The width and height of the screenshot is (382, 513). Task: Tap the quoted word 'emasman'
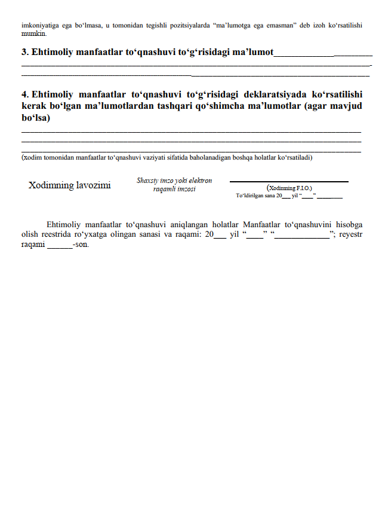pyautogui.click(x=284, y=26)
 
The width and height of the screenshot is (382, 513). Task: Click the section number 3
pyautogui.click(x=24, y=53)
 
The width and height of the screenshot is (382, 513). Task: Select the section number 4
pyautogui.click(x=24, y=95)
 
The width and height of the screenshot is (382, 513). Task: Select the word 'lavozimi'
pyautogui.click(x=94, y=185)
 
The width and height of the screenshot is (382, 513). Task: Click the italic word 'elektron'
pyautogui.click(x=201, y=181)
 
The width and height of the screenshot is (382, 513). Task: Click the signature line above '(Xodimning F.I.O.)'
pyautogui.click(x=289, y=181)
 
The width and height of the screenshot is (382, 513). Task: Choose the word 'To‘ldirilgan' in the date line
pyautogui.click(x=249, y=196)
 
